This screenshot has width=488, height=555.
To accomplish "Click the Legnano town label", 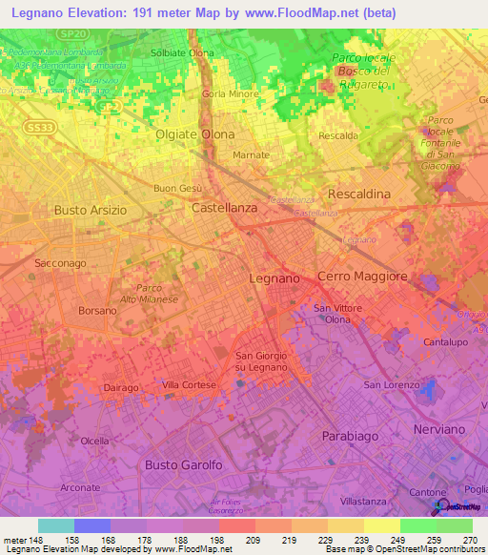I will (274, 277).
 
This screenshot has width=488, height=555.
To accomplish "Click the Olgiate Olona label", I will (194, 134).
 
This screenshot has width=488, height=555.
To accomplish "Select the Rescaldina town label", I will (358, 194).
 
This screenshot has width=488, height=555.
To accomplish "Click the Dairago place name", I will (120, 388).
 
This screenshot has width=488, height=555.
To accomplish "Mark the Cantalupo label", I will (443, 341).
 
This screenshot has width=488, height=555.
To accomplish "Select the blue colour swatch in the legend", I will (91, 524).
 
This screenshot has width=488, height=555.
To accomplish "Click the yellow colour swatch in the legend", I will (382, 524).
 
